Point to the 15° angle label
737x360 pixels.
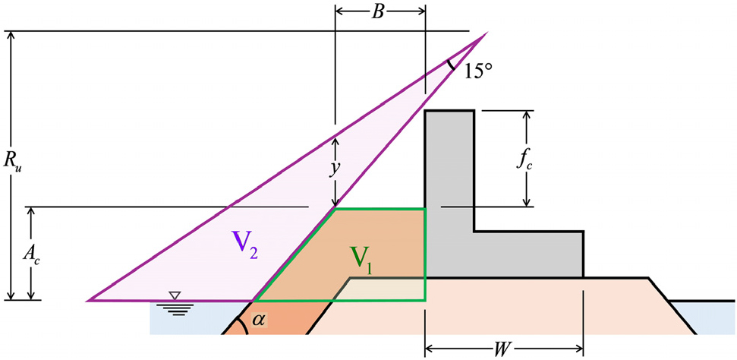478,73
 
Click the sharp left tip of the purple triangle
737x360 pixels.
90,300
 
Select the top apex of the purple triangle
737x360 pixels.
486,33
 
